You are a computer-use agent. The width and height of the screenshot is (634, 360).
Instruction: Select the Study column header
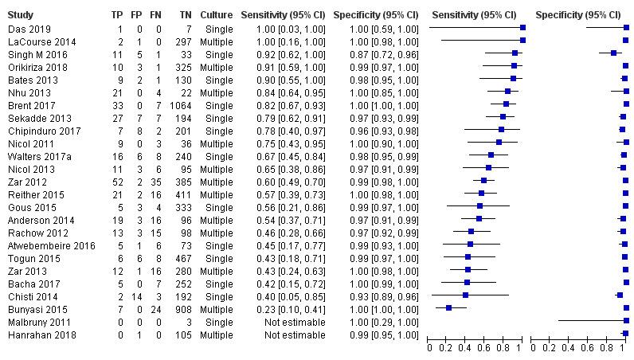(x=21, y=15)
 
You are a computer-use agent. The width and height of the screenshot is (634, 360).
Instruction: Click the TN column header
(x=185, y=15)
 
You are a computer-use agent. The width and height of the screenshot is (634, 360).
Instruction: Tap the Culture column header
(x=217, y=15)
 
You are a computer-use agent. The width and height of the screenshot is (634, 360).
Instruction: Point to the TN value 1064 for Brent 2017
(x=181, y=105)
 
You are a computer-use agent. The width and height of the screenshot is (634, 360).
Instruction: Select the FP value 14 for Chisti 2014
(x=138, y=295)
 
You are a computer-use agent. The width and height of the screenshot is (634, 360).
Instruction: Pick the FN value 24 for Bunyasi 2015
(x=158, y=307)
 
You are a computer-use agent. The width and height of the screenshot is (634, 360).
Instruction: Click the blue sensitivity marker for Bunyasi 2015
(x=449, y=307)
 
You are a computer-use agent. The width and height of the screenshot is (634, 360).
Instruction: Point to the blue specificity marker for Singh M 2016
(x=613, y=53)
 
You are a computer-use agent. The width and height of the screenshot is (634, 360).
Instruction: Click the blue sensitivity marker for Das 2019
(x=522, y=27)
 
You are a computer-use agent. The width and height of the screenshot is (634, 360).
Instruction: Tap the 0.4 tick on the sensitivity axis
(x=466, y=348)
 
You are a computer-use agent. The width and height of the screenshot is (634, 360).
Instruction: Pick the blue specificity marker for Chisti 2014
(x=620, y=295)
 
